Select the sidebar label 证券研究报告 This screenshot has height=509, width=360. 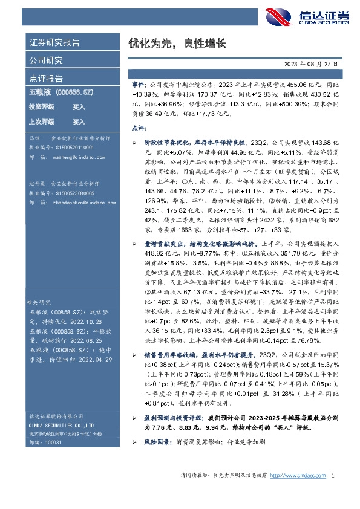(54, 43)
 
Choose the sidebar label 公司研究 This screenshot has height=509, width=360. (46, 60)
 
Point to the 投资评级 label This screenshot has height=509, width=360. (41, 106)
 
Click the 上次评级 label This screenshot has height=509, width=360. (41, 122)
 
